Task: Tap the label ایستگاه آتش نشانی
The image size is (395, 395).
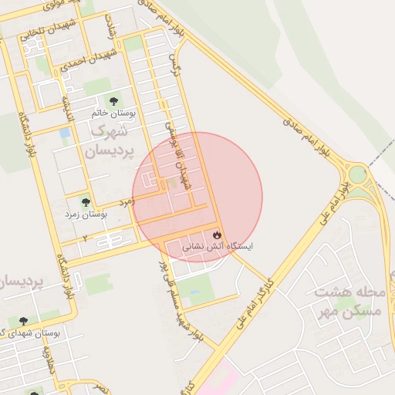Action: (x=217, y=248)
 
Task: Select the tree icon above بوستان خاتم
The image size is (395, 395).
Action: (x=114, y=100)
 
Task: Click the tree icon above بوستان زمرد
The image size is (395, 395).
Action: (x=86, y=202)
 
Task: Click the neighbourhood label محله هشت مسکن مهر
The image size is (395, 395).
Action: (x=348, y=301)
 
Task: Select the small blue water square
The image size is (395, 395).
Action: (x=64, y=133)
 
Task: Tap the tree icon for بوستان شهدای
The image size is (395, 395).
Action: (x=23, y=320)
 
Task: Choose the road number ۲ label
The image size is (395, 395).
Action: (x=84, y=237)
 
